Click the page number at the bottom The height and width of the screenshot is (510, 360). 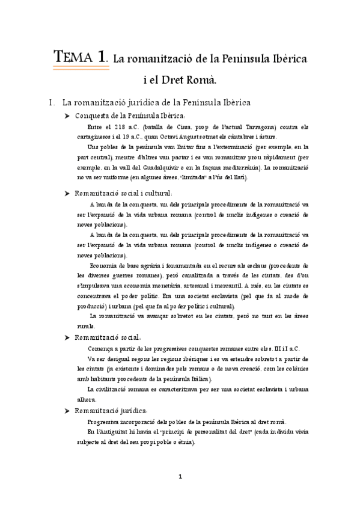point(180,476)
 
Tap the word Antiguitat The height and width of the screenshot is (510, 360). point(115,432)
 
